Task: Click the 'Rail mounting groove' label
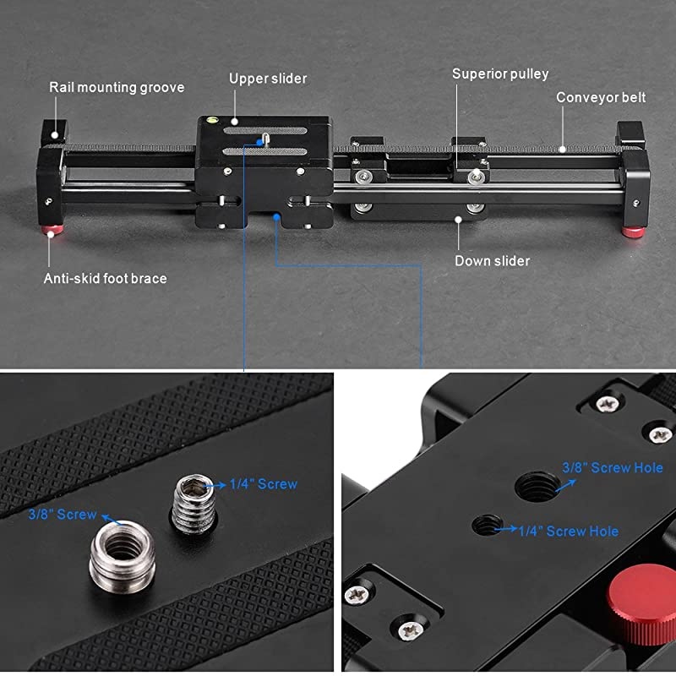pyautogui.click(x=117, y=88)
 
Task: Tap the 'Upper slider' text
pyautogui.click(x=268, y=79)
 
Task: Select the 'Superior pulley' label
pyautogui.click(x=500, y=74)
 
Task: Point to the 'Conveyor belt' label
pyautogui.click(x=601, y=97)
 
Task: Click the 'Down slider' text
pyautogui.click(x=492, y=261)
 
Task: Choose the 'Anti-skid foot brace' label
pyautogui.click(x=105, y=279)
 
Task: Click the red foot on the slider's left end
pyautogui.click(x=52, y=229)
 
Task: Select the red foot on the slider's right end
pyautogui.click(x=633, y=232)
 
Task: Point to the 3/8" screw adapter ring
pyautogui.click(x=122, y=556)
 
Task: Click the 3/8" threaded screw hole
pyautogui.click(x=537, y=487)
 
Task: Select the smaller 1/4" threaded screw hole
pyautogui.click(x=488, y=525)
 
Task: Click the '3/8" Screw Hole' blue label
pyautogui.click(x=612, y=468)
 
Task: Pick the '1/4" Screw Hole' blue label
pyautogui.click(x=568, y=532)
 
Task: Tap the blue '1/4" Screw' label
pyautogui.click(x=263, y=484)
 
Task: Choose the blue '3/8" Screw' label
pyautogui.click(x=62, y=515)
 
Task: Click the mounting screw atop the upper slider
pyautogui.click(x=265, y=139)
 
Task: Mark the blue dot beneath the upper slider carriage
pyautogui.click(x=276, y=217)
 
